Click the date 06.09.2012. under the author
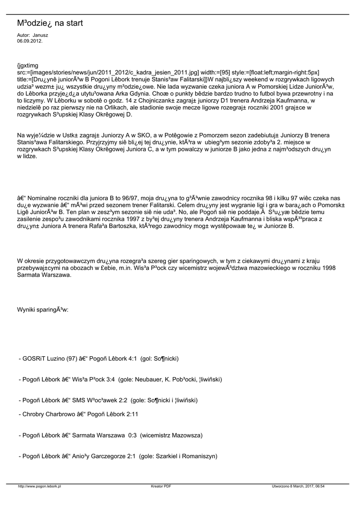tap(29, 41)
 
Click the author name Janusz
tap(40, 36)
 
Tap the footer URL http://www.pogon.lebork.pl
tap(39, 486)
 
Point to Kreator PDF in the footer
tap(161, 486)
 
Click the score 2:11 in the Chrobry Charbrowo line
tap(131, 413)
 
